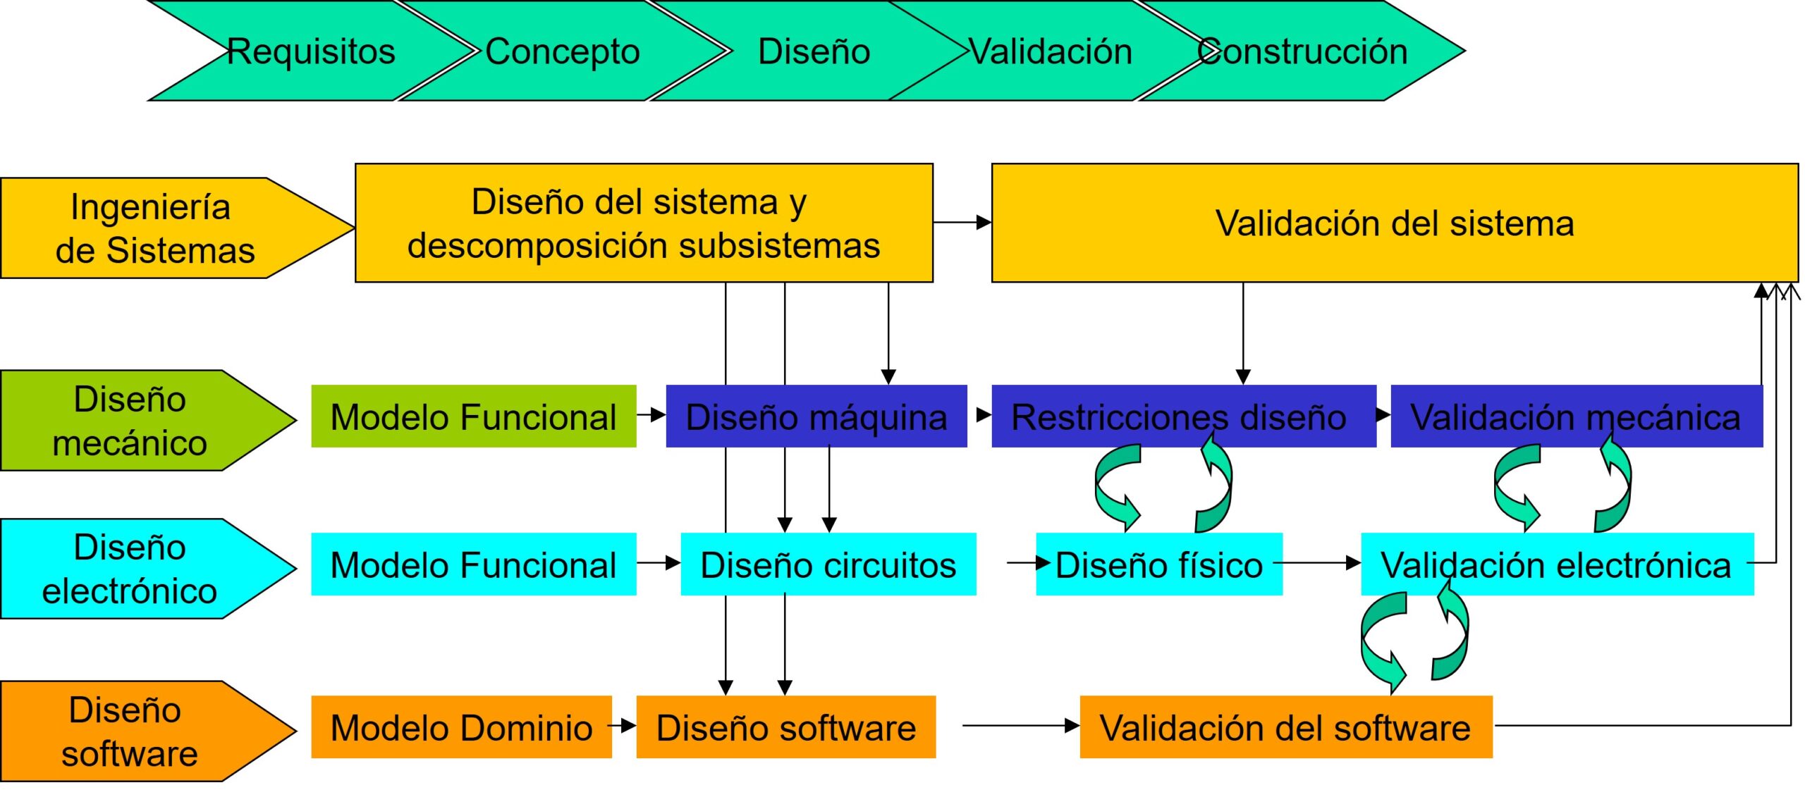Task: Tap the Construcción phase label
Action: pos(1302,51)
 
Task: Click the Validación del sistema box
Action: pos(1395,223)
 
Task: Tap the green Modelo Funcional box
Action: pos(474,416)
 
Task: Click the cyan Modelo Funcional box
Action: pos(474,564)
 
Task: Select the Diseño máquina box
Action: pos(816,416)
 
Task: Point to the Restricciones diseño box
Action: pos(1184,416)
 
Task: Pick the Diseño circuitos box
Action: pos(828,564)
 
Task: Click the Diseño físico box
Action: pos(1159,564)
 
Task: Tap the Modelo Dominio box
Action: pos(462,727)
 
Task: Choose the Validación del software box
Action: pos(1286,727)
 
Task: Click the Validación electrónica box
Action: pos(1558,564)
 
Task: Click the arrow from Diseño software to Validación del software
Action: pos(1021,725)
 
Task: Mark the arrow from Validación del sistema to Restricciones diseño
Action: pos(1243,333)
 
